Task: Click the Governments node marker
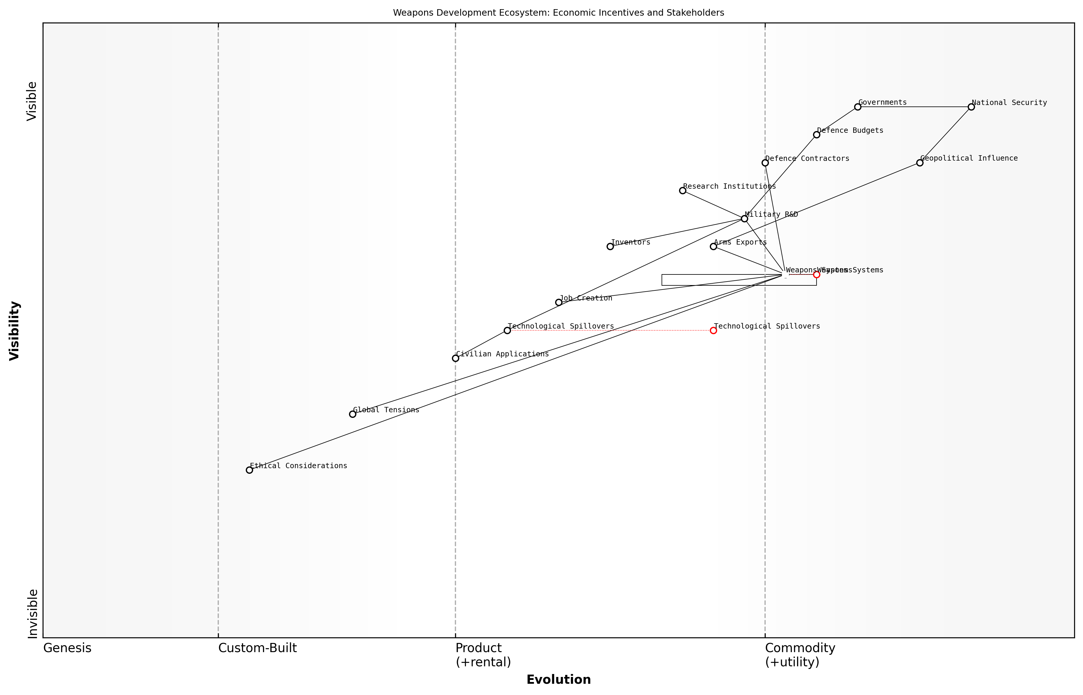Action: tap(857, 107)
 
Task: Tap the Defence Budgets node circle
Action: tap(816, 135)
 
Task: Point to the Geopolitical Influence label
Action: tap(969, 159)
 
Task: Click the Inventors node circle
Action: tap(610, 246)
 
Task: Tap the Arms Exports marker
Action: tap(713, 246)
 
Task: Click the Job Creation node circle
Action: tap(559, 302)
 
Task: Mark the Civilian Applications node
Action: tap(455, 358)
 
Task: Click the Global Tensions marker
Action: tap(353, 414)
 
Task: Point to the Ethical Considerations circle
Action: tap(249, 470)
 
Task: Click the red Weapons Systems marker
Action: tap(816, 274)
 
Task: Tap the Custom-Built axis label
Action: tap(257, 648)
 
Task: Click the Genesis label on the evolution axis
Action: tap(67, 648)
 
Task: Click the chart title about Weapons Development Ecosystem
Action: tap(558, 13)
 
